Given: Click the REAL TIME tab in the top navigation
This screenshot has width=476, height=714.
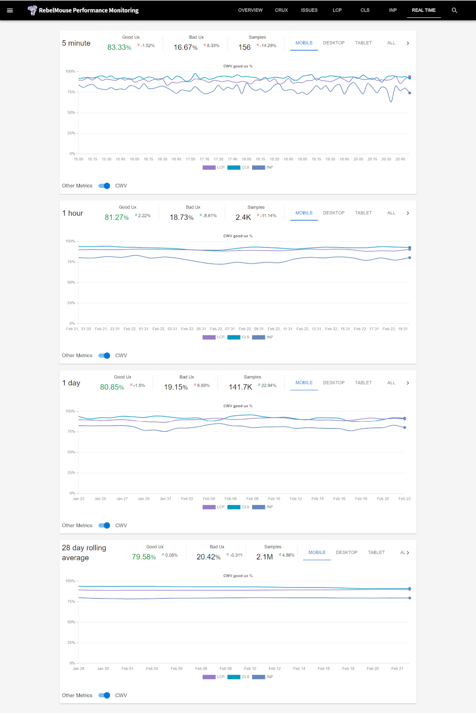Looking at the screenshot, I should [423, 10].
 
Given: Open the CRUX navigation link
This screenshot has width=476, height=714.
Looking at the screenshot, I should [281, 10].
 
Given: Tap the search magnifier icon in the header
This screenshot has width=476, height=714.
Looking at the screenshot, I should [454, 10].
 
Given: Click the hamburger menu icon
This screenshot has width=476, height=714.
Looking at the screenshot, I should [10, 10].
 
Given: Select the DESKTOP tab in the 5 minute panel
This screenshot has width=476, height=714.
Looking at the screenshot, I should [334, 43].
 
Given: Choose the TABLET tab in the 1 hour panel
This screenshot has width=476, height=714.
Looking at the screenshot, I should [363, 213].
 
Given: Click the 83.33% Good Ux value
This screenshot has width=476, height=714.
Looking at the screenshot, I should [119, 47].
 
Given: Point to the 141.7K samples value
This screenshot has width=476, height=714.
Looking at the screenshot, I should [240, 387].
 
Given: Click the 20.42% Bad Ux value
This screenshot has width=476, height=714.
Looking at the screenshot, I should [208, 557].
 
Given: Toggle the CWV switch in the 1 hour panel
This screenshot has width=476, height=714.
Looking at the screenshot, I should [104, 355].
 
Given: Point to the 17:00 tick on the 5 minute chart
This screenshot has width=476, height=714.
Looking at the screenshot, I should [190, 159].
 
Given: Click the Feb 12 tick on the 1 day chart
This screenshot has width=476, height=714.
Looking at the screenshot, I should [296, 499].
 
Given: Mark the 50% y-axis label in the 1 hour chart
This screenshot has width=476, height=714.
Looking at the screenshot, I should [71, 282].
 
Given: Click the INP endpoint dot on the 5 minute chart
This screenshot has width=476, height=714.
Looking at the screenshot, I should [410, 93].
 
